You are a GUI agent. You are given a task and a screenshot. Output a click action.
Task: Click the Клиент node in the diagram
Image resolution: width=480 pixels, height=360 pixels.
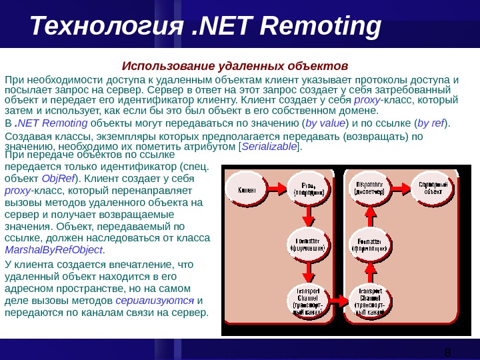coord(248,189)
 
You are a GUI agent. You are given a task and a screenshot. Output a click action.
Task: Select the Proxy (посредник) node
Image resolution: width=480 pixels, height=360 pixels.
coord(308,189)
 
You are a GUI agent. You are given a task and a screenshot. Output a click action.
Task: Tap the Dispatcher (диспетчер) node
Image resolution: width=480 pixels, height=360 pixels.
coord(369,189)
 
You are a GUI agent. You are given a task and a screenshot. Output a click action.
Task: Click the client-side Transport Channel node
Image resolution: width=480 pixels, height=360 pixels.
coord(308,301)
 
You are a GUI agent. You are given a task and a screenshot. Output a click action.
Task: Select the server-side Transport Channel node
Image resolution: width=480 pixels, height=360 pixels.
coord(369,301)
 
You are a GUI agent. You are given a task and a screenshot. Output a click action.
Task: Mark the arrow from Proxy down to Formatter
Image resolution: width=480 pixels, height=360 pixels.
coord(308,216)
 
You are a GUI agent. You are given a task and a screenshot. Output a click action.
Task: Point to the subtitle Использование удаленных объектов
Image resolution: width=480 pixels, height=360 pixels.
coord(235,66)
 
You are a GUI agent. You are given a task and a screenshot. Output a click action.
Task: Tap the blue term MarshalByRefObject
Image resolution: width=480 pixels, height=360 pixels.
coord(54,249)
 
